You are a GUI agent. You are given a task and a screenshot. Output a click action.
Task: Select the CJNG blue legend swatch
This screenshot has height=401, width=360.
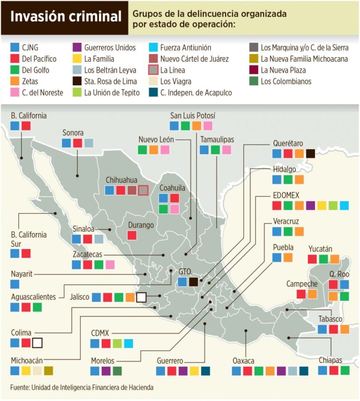pos(15,48)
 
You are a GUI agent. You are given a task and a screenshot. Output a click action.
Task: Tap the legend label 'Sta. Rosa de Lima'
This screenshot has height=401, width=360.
pos(111,82)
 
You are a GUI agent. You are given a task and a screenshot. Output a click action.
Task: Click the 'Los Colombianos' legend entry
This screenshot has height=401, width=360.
pos(285,82)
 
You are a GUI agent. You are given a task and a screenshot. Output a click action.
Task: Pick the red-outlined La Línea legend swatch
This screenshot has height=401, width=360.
pos(152,70)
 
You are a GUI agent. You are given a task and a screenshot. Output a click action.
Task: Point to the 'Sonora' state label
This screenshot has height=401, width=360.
pos(73,133)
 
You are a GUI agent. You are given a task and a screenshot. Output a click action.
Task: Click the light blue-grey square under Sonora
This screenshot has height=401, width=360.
pos(89,143)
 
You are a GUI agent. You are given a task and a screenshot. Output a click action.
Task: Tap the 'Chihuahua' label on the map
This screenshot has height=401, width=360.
pos(121,180)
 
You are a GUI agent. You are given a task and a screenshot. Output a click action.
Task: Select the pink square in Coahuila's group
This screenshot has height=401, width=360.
pos(174,209)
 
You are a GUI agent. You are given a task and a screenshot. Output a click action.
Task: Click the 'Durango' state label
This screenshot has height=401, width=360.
pos(141,225)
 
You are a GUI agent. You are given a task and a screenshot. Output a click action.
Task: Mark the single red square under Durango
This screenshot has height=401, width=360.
pos(132,235)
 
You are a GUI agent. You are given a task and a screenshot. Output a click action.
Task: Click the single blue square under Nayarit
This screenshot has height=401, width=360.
pos(15,284)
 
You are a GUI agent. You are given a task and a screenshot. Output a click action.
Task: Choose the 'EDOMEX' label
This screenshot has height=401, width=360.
pos(286,195)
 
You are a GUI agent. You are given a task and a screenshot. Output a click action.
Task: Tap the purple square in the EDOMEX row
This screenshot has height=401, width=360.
pos(310,205)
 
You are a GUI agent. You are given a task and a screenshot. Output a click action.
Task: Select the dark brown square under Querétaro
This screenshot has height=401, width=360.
pos(310,153)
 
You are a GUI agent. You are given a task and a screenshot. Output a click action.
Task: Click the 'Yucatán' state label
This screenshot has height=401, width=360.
pos(320,249)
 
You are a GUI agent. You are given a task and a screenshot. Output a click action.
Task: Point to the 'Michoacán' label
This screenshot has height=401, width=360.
pos(27,360)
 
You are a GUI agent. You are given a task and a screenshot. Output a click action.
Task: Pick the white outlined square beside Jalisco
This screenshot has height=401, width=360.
pos(141,297)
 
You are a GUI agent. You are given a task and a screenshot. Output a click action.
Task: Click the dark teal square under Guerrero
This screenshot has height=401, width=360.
pos(205,371)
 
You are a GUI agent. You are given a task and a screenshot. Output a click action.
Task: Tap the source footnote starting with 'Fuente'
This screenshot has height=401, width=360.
pos(82,388)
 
